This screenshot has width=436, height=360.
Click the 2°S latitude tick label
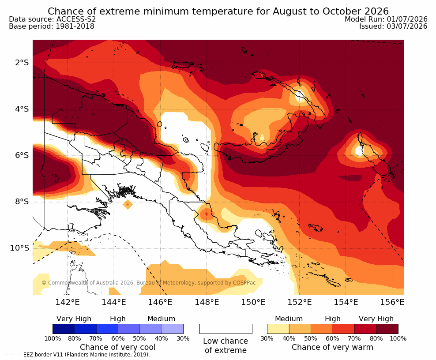click(x=22, y=63)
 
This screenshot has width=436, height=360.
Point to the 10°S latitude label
click(x=19, y=247)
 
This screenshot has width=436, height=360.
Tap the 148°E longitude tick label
click(x=207, y=302)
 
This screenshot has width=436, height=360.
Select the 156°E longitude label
click(x=392, y=302)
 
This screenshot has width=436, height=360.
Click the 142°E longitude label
click(x=68, y=302)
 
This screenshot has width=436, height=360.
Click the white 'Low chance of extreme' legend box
click(x=226, y=329)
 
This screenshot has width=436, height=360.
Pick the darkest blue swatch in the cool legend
click(x=64, y=329)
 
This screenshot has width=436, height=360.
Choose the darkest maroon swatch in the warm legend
click(x=387, y=329)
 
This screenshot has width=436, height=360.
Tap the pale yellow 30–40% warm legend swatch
click(x=278, y=329)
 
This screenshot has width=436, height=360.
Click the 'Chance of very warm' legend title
click(x=332, y=347)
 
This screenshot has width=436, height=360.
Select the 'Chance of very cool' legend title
click(x=118, y=347)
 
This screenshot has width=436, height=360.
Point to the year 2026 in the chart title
click(x=376, y=11)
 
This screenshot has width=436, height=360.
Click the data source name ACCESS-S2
click(x=76, y=19)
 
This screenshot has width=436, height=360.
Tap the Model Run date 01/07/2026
click(x=407, y=19)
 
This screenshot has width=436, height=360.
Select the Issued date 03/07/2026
click(x=407, y=26)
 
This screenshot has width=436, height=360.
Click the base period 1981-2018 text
click(x=75, y=26)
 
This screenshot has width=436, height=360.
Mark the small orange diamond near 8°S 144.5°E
click(x=128, y=205)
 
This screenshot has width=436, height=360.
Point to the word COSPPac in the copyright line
click(x=244, y=283)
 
